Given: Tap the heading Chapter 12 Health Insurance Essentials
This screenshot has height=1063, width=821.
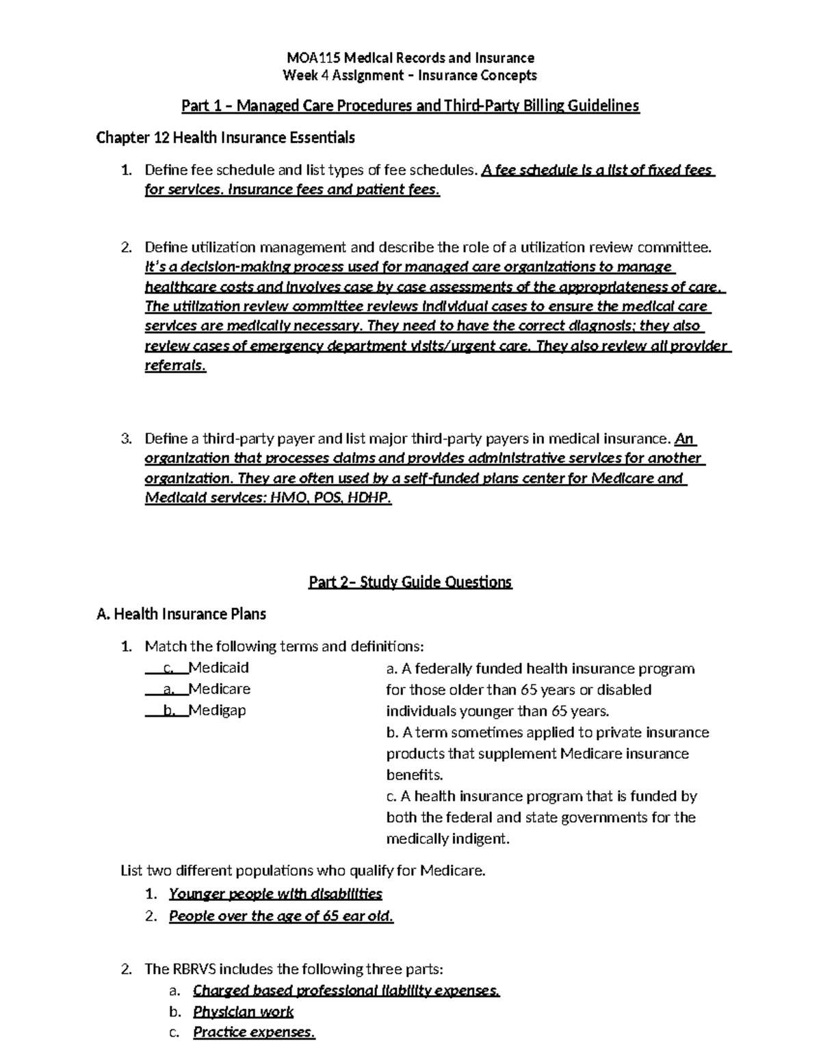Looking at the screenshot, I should click(x=225, y=138).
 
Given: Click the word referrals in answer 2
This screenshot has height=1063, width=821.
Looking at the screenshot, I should click(x=174, y=366).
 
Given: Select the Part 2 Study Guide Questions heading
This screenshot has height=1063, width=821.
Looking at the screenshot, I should click(x=410, y=582).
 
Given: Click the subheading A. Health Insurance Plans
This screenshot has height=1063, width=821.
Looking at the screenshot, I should click(x=181, y=614).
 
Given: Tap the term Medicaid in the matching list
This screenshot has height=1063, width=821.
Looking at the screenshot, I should click(x=218, y=667).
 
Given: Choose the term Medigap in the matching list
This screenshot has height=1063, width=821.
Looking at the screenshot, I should click(x=217, y=710).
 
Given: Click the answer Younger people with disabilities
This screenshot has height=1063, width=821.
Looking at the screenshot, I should click(x=275, y=893).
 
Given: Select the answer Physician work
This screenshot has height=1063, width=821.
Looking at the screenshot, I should click(x=243, y=1012).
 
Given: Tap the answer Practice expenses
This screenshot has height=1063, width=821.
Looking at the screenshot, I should click(x=254, y=1032).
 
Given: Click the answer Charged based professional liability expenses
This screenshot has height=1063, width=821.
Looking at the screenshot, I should click(x=346, y=990).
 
